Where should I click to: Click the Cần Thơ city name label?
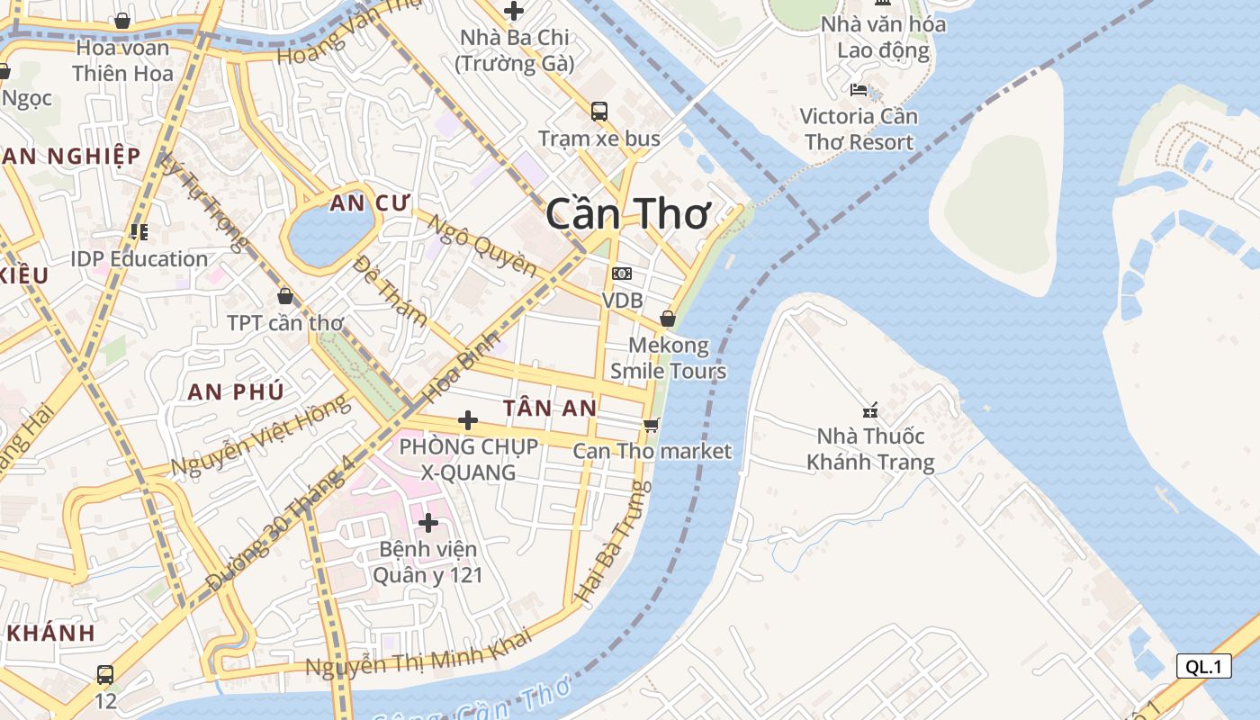(628, 214)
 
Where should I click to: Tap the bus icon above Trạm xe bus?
(599, 112)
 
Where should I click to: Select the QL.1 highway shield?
(1203, 666)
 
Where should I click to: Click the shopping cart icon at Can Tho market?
(652, 425)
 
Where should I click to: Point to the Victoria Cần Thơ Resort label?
(859, 129)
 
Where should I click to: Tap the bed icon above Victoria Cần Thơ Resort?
(859, 90)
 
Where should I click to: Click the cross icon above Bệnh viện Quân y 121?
(428, 522)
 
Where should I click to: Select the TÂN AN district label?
(550, 408)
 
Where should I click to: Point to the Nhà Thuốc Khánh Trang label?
(870, 449)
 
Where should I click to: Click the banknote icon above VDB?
(622, 274)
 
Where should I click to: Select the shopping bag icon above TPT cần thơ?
(285, 296)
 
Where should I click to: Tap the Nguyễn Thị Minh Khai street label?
(418, 652)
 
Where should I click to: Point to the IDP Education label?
(139, 259)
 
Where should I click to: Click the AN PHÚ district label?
(236, 391)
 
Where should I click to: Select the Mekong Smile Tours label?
(668, 358)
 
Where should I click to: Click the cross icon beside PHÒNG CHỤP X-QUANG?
(468, 420)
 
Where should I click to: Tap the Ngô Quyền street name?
(481, 246)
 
